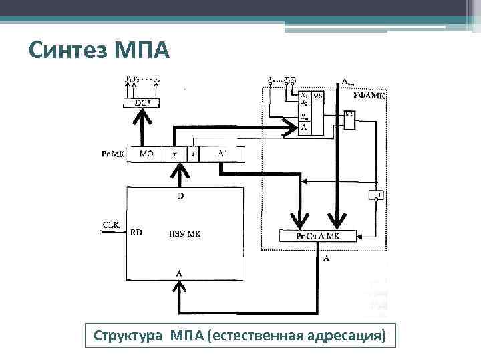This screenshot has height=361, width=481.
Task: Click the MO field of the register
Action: (x=146, y=154)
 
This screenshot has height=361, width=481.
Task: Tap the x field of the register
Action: (x=175, y=154)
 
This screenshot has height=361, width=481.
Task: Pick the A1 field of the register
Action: (x=222, y=154)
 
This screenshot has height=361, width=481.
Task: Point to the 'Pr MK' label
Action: (x=113, y=154)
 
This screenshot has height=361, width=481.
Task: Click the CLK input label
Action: (x=110, y=225)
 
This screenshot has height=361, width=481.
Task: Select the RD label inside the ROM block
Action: (x=136, y=233)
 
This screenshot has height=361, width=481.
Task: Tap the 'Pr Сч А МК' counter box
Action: (x=318, y=236)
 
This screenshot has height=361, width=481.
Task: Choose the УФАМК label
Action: (x=370, y=96)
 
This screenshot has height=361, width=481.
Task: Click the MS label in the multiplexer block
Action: (x=318, y=97)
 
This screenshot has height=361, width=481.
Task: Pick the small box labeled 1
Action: (x=377, y=195)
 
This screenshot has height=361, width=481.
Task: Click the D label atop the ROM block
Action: (x=178, y=196)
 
